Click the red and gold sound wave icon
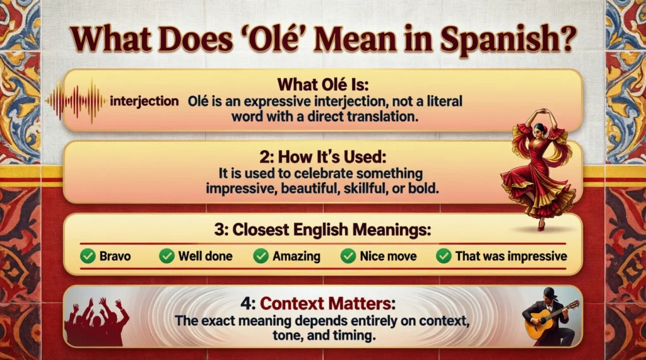point(76,100)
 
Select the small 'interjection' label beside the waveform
point(144,101)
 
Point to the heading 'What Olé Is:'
point(322,84)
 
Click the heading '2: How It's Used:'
point(322,157)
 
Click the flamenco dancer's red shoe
point(541,226)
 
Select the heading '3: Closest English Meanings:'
point(322,229)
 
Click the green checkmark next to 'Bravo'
point(88,256)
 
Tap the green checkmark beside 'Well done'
point(167,256)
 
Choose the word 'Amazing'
point(297,256)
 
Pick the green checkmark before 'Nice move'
point(348,256)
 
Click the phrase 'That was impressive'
point(511,256)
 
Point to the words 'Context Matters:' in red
point(327,303)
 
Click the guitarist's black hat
point(550,293)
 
